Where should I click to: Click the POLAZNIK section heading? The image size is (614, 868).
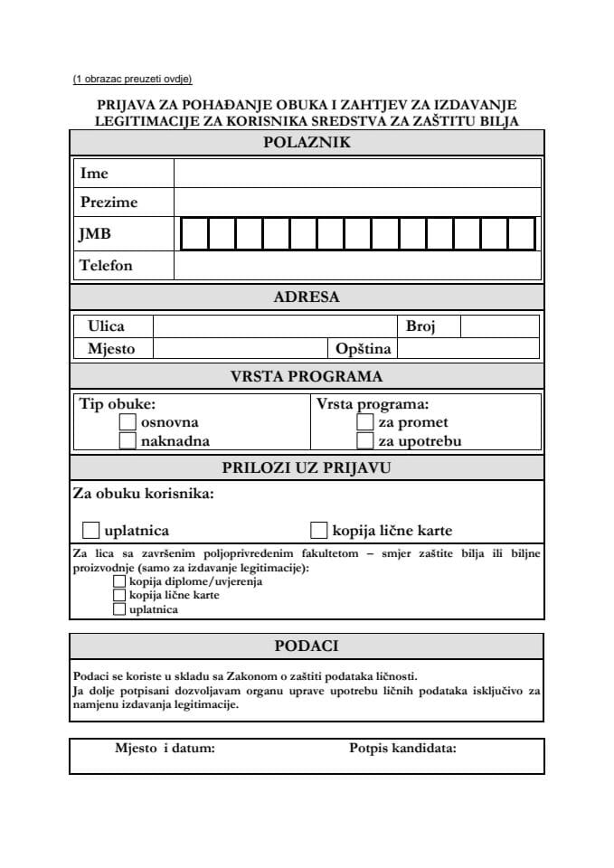tap(307, 142)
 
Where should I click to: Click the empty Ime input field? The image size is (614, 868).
tap(357, 173)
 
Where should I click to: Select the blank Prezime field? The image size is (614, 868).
tap(357, 203)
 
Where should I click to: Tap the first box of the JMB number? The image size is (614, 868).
tap(194, 234)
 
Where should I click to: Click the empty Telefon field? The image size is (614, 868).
tap(357, 265)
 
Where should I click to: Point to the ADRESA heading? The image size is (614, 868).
tap(307, 297)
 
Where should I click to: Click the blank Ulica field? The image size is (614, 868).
tap(274, 325)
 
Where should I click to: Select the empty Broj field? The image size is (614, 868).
tap(499, 325)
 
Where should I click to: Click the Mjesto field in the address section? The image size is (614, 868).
tap(239, 348)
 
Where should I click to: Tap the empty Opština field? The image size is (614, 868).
tap(468, 348)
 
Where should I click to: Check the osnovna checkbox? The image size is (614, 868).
tap(128, 421)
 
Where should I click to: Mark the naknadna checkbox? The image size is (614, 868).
tap(128, 440)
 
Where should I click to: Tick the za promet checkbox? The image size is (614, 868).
tap(364, 421)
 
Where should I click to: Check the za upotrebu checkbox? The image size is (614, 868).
tap(364, 440)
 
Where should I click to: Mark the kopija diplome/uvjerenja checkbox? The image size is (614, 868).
tap(119, 581)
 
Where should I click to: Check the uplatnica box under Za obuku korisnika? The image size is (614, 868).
tap(90, 530)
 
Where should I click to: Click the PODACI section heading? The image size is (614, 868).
tap(307, 646)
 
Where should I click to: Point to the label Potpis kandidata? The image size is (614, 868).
tap(402, 748)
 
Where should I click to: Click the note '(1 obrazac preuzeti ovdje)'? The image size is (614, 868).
tap(133, 79)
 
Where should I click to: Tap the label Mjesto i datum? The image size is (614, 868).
tap(165, 748)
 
